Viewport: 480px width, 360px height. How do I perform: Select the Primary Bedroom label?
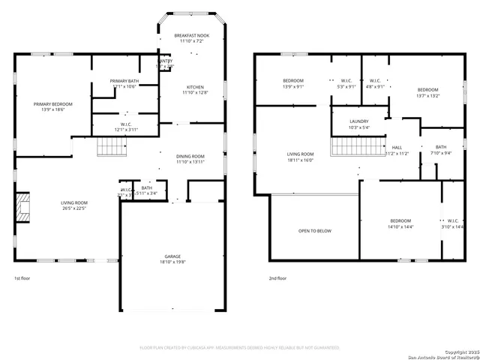[52, 104]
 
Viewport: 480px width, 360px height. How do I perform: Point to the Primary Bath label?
[124, 80]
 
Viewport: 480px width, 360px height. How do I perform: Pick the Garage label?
[173, 256]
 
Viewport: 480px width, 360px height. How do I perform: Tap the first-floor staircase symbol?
[110, 148]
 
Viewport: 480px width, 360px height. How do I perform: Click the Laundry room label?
[358, 121]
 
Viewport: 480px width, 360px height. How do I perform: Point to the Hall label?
[396, 147]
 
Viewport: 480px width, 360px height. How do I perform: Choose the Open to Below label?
[314, 231]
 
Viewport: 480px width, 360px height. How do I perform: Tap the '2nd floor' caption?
[277, 278]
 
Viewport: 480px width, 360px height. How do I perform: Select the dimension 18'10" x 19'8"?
[173, 263]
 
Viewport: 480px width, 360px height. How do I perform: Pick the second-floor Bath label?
[440, 147]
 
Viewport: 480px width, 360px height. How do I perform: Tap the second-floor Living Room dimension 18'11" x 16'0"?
[300, 160]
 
